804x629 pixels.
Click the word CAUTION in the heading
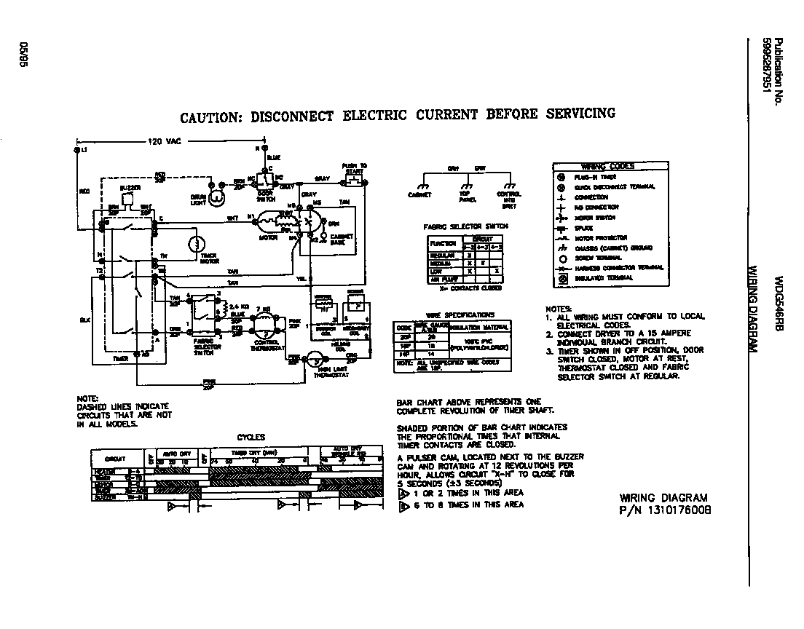(x=207, y=117)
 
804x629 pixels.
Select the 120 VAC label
(x=165, y=141)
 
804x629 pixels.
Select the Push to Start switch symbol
(x=353, y=178)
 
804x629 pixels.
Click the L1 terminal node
(x=78, y=149)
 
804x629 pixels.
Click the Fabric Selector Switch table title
(x=465, y=226)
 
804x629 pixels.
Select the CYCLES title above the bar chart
(x=251, y=438)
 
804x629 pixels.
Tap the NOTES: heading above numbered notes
(x=559, y=309)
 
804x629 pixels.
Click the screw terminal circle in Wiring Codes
(x=561, y=257)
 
